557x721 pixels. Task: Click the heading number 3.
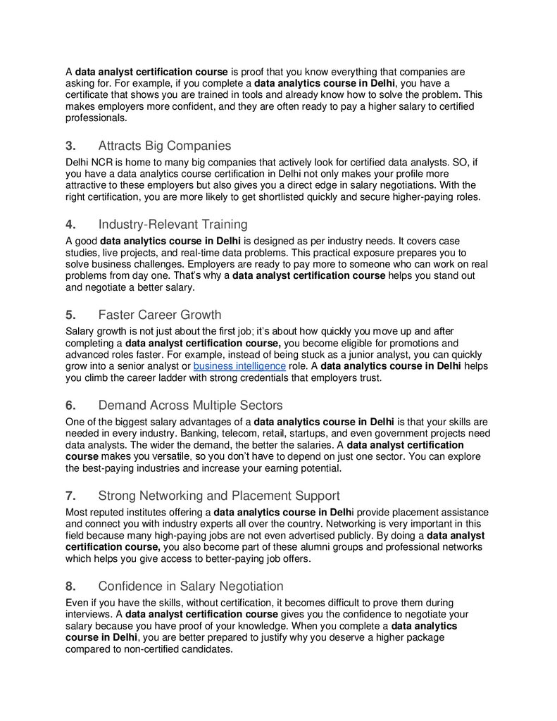(x=70, y=146)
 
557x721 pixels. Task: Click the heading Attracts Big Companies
(x=164, y=146)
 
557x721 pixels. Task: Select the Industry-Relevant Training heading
(x=173, y=225)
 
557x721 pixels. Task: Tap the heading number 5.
(x=70, y=315)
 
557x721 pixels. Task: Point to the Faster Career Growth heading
(x=159, y=315)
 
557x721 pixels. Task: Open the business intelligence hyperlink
(x=239, y=366)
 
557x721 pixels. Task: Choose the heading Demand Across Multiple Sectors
(x=190, y=406)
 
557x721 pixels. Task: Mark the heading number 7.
(x=70, y=496)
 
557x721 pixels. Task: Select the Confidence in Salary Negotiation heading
(x=190, y=586)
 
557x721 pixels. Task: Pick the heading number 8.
(x=70, y=586)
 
